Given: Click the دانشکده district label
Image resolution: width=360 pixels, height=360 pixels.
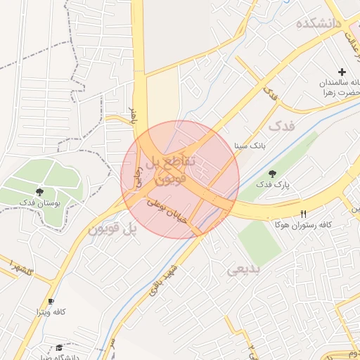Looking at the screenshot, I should point(319,24).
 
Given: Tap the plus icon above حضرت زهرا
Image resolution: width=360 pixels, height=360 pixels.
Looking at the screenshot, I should point(342,72).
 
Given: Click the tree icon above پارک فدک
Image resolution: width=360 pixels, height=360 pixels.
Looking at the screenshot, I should point(272,174).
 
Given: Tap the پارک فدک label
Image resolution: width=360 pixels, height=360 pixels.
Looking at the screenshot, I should point(273,185).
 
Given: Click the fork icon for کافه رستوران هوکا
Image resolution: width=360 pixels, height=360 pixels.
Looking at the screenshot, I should point(304,214).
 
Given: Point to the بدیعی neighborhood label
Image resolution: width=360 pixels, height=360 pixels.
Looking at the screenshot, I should point(245,269).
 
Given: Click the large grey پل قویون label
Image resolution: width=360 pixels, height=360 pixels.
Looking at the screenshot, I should point(110,229).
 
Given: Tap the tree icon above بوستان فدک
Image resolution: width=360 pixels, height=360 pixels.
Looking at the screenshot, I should point(39,191).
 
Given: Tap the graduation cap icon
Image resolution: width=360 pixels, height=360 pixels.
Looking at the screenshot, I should point(59,348).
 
